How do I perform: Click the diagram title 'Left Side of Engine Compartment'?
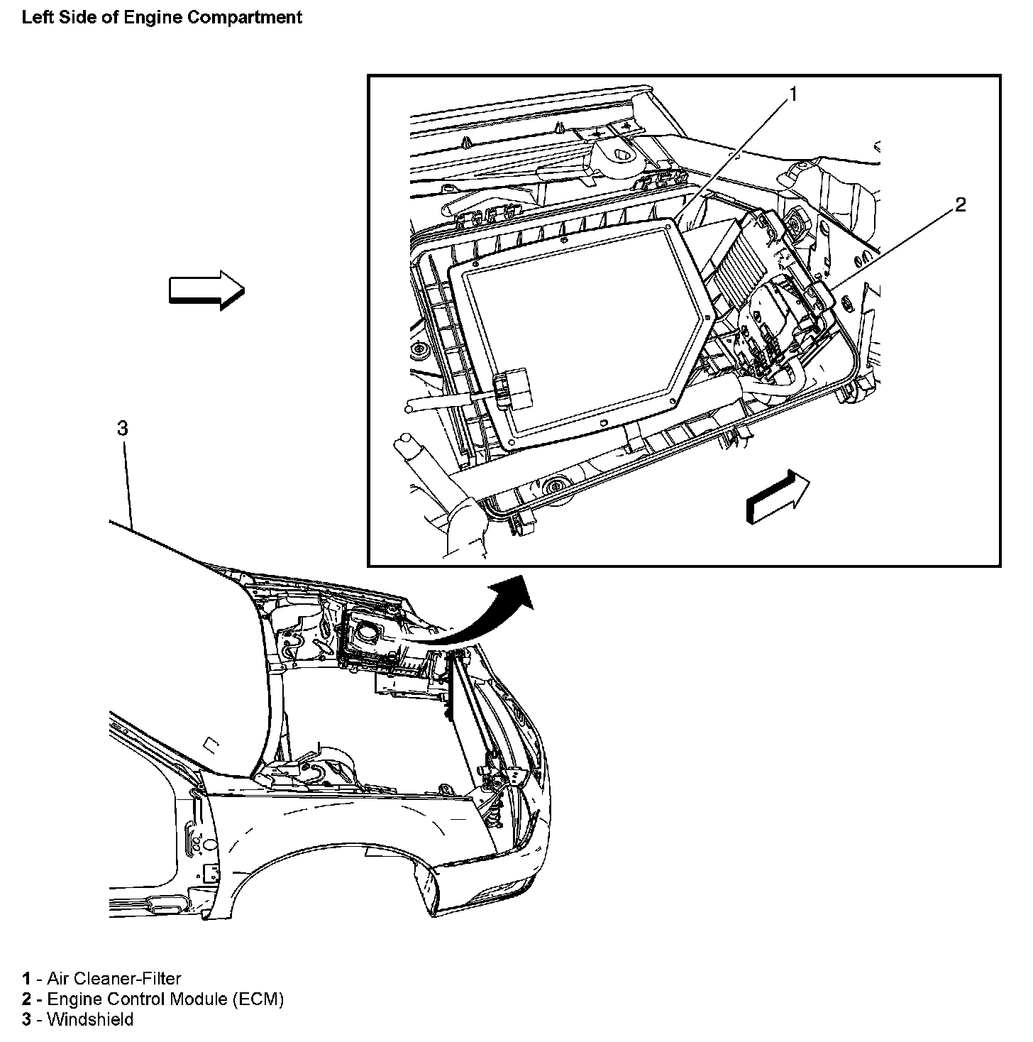coord(162,18)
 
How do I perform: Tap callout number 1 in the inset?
coord(793,94)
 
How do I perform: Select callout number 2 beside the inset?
coord(960,206)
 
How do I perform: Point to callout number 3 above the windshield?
coord(122,428)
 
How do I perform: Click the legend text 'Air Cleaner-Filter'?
coord(114,978)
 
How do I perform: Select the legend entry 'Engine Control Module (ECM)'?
coord(165,999)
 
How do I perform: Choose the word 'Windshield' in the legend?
coord(89,1019)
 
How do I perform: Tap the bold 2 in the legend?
coord(27,999)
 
